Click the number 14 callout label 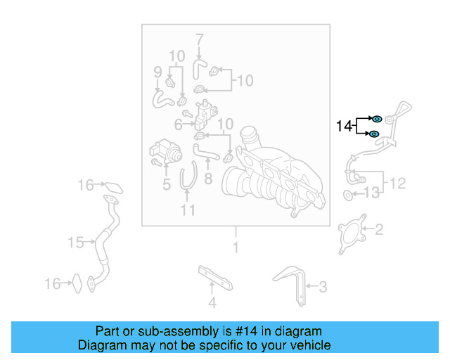[x=344, y=127]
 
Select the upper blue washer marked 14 [x=376, y=118]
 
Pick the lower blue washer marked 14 [x=375, y=134]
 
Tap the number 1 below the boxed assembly [x=236, y=247]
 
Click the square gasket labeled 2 [x=352, y=232]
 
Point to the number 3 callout [x=323, y=286]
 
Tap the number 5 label [x=167, y=186]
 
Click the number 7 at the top [x=199, y=39]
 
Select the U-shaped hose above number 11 [x=188, y=176]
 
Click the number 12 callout [x=397, y=184]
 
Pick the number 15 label [x=76, y=243]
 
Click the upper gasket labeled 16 [x=113, y=187]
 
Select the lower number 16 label [x=53, y=284]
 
